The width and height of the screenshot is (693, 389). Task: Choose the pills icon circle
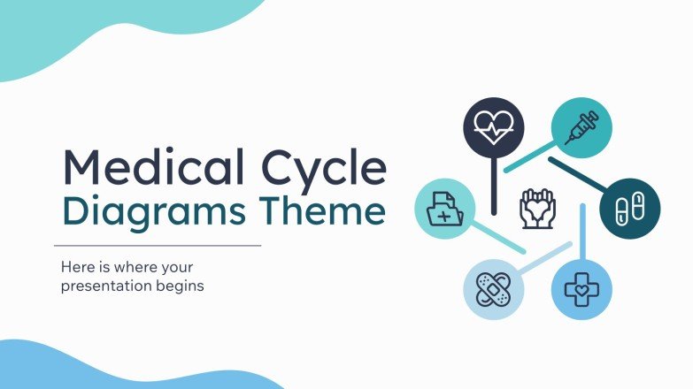tap(629, 210)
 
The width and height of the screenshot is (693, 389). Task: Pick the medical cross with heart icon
tap(581, 288)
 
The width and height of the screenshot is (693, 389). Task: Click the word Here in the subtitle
tap(75, 266)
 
